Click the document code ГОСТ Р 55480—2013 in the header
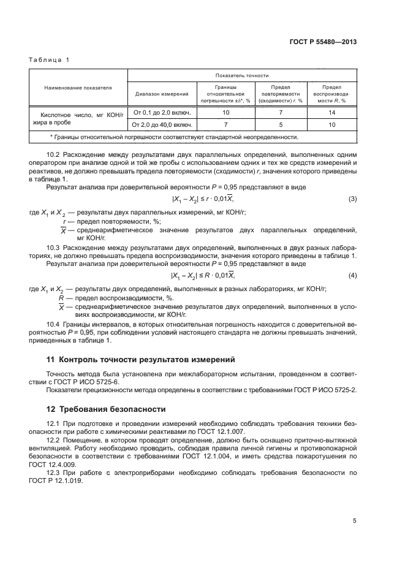coord(323,42)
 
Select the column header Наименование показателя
coord(78,88)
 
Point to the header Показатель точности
coord(242,75)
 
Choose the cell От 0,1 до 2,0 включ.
coord(161,113)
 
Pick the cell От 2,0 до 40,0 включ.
coord(161,125)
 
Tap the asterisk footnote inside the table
coord(174,137)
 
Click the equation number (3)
coord(352,200)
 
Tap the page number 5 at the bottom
coord(355,521)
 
